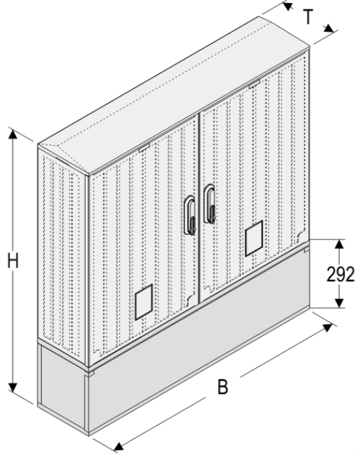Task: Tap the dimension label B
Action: tap(223, 386)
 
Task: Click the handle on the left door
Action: tap(191, 216)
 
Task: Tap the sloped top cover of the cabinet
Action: tap(180, 101)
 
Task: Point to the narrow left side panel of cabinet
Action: tap(63, 252)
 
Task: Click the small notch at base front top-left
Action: tap(89, 373)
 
